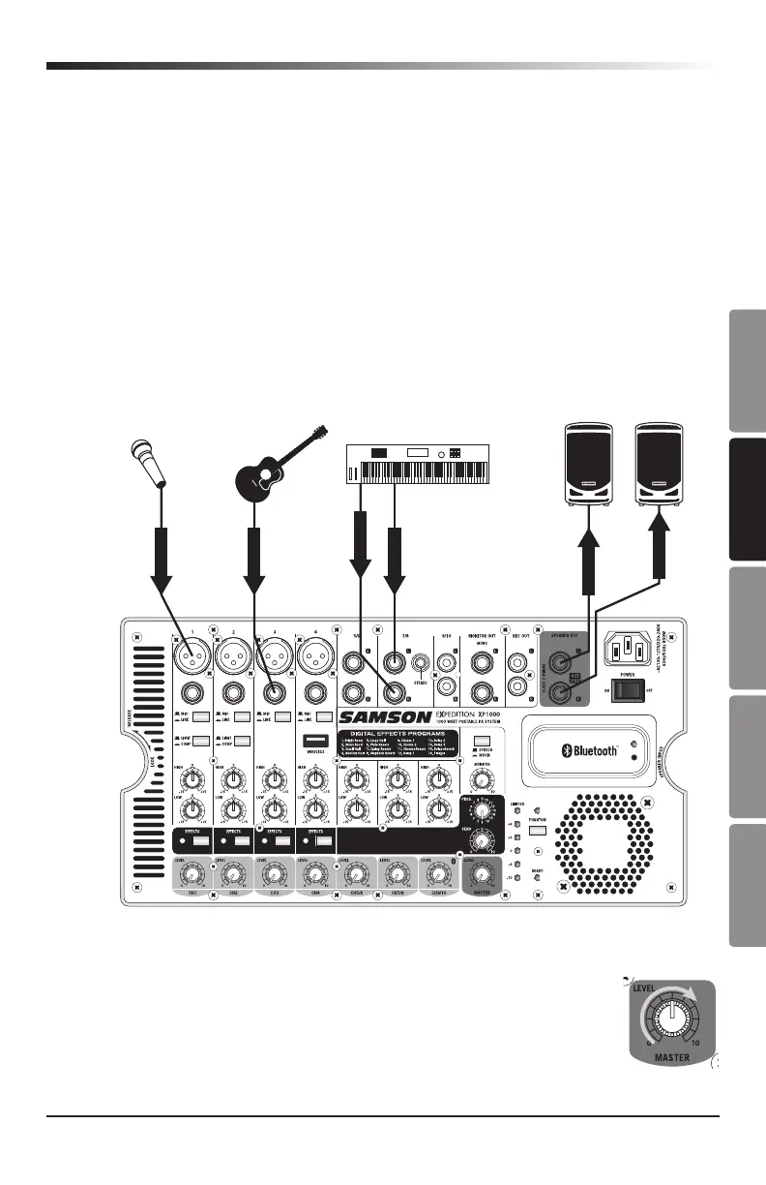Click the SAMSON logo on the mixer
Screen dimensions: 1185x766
coord(384,717)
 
